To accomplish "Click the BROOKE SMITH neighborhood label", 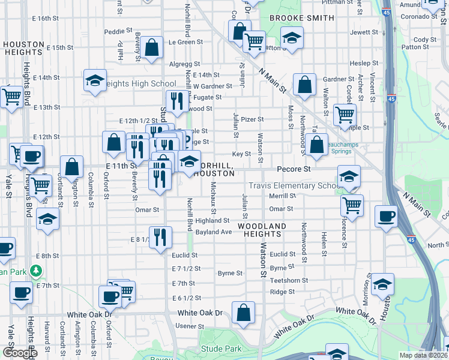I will point(301,18).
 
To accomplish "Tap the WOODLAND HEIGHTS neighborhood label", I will point(263,230).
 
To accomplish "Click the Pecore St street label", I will point(294,169).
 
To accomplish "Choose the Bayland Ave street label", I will point(213,232).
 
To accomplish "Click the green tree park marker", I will point(36,271).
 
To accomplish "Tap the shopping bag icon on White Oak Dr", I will point(243,313).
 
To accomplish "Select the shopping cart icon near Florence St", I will point(352,205).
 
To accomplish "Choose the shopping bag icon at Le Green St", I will point(152,47).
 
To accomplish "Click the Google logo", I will point(20,353).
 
